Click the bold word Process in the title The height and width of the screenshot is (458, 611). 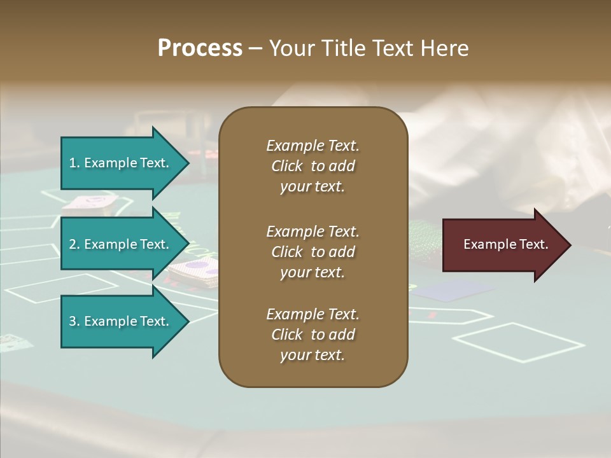tap(200, 48)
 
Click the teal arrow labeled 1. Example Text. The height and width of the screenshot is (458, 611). tap(121, 163)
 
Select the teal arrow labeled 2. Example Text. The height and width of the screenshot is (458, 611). tap(121, 244)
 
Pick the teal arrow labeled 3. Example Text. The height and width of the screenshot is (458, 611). tap(121, 321)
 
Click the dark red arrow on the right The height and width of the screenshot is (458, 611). tap(503, 244)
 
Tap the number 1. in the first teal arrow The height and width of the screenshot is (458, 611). tap(74, 163)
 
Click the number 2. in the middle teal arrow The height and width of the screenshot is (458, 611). tap(74, 244)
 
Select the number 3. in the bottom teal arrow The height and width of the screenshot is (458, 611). tap(74, 321)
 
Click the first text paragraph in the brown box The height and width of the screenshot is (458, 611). tap(313, 166)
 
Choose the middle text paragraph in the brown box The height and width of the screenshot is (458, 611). tap(313, 252)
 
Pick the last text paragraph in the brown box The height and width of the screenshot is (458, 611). tap(313, 335)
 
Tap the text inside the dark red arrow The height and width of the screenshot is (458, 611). tap(505, 244)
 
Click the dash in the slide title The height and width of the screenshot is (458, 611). tap(255, 48)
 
